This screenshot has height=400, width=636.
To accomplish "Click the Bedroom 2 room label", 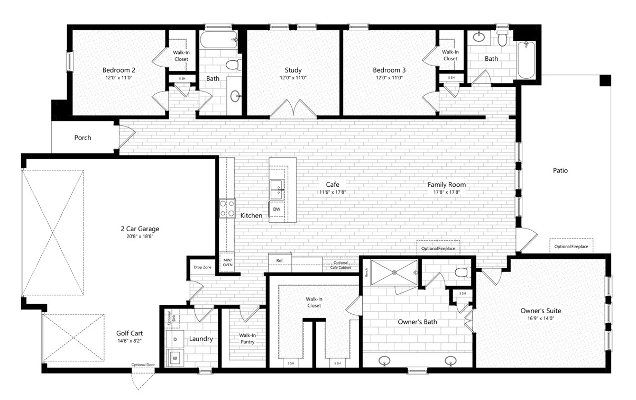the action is [118, 70].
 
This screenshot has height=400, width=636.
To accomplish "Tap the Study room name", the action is [293, 70].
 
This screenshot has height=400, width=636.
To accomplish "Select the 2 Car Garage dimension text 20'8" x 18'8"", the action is [140, 237].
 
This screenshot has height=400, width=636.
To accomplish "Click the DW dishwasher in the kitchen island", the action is [277, 210].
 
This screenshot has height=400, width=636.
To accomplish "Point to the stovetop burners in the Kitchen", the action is [227, 208].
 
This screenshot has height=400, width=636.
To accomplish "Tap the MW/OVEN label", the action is [227, 262].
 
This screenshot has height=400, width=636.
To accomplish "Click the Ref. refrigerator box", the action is [280, 262].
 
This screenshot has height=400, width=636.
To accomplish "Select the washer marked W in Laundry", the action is [175, 359].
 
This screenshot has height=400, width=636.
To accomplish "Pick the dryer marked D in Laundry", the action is [175, 339].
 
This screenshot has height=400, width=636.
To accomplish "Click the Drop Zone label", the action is [202, 267].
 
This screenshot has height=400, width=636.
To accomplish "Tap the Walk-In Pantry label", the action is [247, 339].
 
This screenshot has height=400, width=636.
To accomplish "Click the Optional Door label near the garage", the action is [143, 365].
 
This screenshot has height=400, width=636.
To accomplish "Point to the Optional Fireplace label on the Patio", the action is [571, 247].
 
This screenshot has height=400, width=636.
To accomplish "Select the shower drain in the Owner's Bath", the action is [394, 272].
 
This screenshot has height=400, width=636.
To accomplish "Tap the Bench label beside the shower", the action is [366, 272].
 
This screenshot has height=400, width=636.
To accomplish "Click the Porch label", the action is [82, 138].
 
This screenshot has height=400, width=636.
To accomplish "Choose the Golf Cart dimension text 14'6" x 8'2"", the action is [130, 341].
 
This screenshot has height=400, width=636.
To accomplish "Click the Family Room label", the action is [447, 185].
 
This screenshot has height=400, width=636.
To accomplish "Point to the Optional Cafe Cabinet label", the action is [340, 265].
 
